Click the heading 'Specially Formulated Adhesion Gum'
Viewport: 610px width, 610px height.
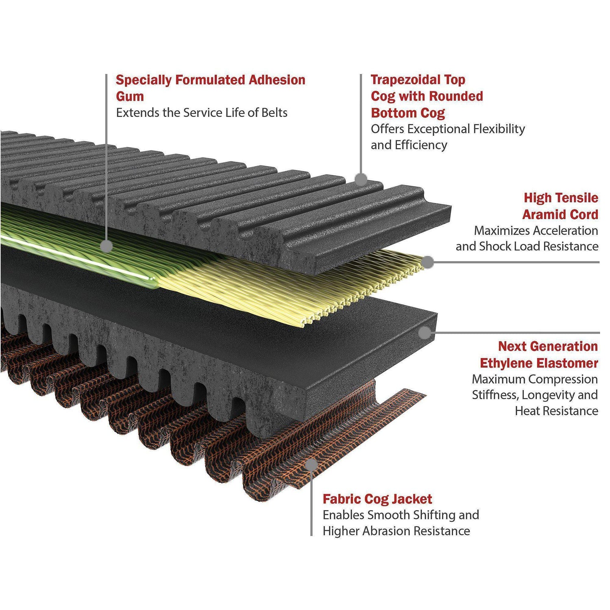[x=210, y=88]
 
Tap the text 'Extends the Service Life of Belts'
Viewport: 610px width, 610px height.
[x=202, y=113]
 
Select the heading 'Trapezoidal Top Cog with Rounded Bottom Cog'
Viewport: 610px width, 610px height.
[x=427, y=96]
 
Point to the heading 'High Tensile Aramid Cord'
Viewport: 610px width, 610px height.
[x=560, y=206]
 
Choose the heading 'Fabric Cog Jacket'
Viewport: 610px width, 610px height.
[x=377, y=499]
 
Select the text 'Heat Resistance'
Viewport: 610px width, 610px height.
[x=556, y=411]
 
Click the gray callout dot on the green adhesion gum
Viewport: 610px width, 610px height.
[x=106, y=246]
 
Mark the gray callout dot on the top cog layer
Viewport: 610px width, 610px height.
[x=361, y=179]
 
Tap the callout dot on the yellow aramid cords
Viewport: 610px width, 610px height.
[x=427, y=262]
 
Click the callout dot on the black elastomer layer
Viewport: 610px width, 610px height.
[x=425, y=333]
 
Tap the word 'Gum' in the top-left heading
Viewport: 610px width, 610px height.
[x=130, y=97]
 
